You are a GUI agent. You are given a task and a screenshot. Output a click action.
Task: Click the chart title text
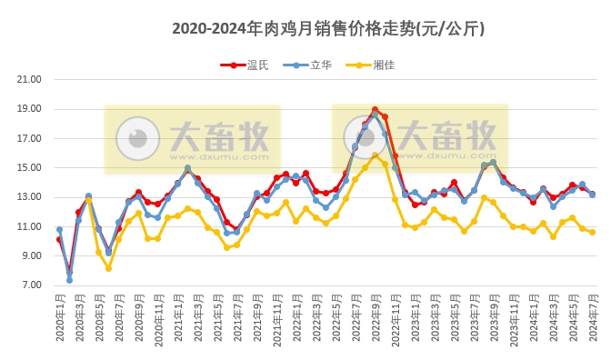coord(328,29)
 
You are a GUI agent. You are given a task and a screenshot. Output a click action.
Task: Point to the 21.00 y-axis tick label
coord(30,80)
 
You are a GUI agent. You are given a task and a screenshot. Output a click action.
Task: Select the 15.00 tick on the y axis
coord(30,168)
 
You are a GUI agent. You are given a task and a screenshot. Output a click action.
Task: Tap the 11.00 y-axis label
coord(30,226)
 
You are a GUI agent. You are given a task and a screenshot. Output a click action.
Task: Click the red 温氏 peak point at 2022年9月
coord(375,110)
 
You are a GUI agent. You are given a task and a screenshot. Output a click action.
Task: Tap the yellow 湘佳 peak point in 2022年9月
coord(375,155)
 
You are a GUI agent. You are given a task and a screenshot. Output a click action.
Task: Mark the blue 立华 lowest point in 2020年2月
coord(69,280)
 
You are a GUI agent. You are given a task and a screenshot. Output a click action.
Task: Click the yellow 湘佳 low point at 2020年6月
coord(108,268)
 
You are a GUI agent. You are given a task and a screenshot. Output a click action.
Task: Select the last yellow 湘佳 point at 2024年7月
coord(592,232)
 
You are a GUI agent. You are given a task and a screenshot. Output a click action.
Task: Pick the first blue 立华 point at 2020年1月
coord(59,230)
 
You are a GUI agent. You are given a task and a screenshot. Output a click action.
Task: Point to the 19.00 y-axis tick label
coord(30,109)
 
